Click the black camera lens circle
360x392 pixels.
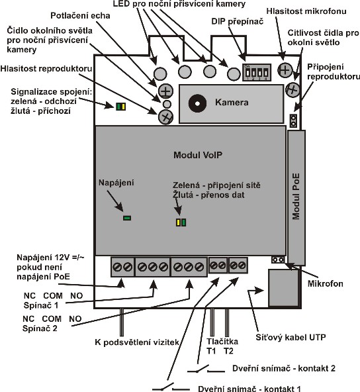point(197,103)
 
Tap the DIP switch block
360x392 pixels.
point(257,72)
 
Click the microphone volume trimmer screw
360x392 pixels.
point(285,70)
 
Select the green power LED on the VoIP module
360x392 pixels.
point(127,218)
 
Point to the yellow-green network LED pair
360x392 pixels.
point(181,222)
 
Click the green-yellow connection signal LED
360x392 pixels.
point(120,107)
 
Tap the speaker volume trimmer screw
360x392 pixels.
point(165,117)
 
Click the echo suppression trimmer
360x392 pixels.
point(165,91)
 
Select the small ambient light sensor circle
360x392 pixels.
point(166,103)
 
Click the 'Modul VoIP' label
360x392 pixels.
point(198,155)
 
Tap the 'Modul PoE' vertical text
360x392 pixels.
point(296,197)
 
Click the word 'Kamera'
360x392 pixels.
point(232,102)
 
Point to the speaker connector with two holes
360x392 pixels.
point(293,121)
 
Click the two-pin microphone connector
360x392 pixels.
point(278,260)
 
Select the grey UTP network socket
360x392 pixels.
point(283,288)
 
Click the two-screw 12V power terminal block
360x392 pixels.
point(122,267)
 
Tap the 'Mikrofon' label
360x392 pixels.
point(326,283)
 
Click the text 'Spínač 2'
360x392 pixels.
point(40,328)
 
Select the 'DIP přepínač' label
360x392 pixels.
point(238,21)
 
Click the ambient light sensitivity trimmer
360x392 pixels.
point(292,89)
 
